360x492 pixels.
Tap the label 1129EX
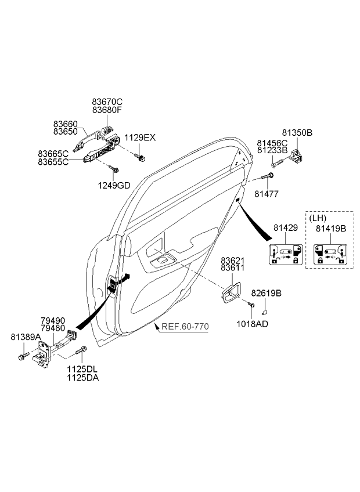[140, 138]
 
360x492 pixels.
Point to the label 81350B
[297, 133]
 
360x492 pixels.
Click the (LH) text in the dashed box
[317, 218]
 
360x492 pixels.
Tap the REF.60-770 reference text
[185, 327]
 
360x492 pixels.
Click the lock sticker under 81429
[285, 254]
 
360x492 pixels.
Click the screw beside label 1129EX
[141, 157]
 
